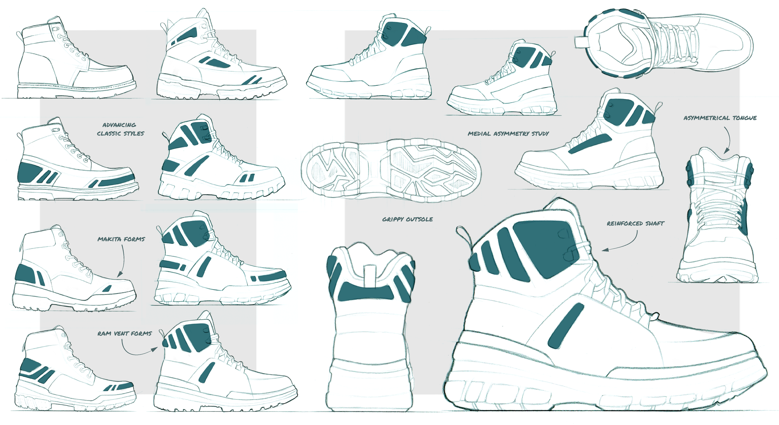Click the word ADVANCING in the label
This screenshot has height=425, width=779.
click(119, 125)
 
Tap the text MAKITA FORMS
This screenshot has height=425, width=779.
click(121, 239)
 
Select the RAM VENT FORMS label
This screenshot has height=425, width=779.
click(124, 334)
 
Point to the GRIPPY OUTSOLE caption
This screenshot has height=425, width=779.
click(407, 219)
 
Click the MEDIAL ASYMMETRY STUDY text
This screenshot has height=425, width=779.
click(508, 134)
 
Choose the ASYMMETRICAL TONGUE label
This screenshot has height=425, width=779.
click(720, 118)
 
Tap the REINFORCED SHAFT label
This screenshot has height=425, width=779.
click(635, 223)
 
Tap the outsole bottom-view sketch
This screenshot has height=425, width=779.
click(391, 171)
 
